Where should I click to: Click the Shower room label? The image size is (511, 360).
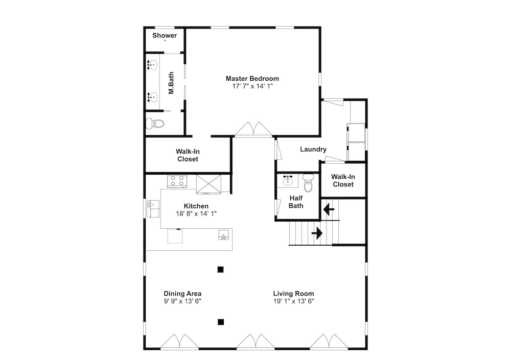coord(165,36)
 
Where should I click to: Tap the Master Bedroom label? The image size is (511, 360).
coord(252,79)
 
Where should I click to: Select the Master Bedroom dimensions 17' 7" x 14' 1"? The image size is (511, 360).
coord(252,86)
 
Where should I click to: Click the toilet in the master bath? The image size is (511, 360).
coord(155,124)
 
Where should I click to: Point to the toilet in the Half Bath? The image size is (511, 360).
coord(308,183)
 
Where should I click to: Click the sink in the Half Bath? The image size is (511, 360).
coord(287,180)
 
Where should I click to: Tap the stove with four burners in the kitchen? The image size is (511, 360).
coord(177,181)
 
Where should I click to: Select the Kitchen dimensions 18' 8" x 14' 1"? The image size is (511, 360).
coord(196,214)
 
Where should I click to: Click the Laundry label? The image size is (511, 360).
coord(313,149)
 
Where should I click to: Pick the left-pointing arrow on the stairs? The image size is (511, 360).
coord(329,209)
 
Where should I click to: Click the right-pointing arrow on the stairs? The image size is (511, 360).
coord(317,233)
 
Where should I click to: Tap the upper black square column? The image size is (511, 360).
coord(221,270)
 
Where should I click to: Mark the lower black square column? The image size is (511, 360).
coord(221,322)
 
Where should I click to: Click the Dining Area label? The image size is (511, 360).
coord(182,294)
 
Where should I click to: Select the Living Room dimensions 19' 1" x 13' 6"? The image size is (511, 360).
coord(294,301)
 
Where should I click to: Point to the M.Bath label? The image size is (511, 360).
coord(171,83)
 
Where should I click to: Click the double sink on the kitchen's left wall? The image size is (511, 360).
coord(153,209)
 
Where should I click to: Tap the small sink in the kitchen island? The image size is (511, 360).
coord(224,234)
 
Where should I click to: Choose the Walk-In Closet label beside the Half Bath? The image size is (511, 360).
coord(343,180)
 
